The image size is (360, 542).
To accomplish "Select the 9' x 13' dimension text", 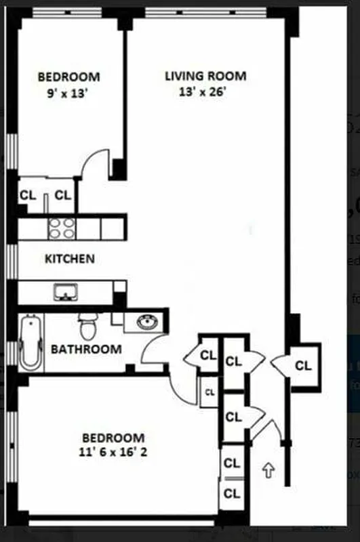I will pyautogui.click(x=68, y=94).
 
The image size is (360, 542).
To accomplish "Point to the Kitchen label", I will pyautogui.click(x=69, y=259).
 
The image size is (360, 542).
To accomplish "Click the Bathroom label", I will pyautogui.click(x=86, y=350).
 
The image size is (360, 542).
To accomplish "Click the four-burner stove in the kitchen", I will pyautogui.click(x=62, y=228).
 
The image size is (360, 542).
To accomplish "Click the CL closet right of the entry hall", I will pyautogui.click(x=303, y=366).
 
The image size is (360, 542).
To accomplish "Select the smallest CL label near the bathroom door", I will pyautogui.click(x=209, y=392).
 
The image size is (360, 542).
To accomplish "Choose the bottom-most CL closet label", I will pyautogui.click(x=232, y=493).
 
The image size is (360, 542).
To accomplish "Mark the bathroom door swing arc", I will pyautogui.click(x=153, y=347).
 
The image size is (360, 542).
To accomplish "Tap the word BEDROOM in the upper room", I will pyautogui.click(x=68, y=77).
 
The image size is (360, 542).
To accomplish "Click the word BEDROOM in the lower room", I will pyautogui.click(x=114, y=438).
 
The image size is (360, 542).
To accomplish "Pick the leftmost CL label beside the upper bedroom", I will pyautogui.click(x=28, y=195).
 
